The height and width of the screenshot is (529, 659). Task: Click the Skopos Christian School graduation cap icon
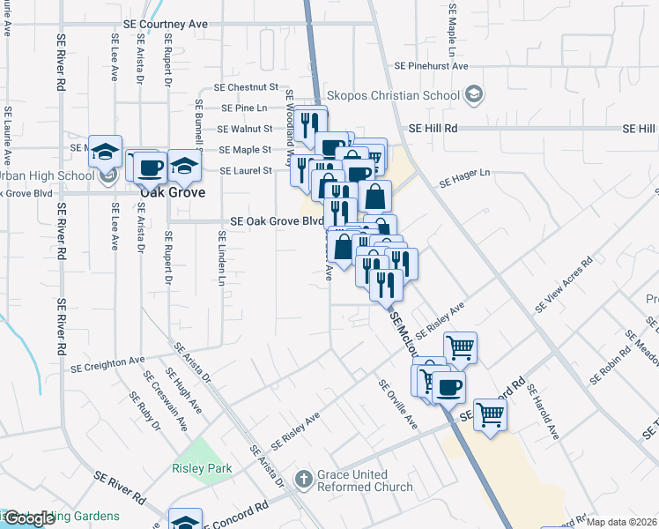(x=473, y=93)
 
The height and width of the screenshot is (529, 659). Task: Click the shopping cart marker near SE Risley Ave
(x=460, y=347)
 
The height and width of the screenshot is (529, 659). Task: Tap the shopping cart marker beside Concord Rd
(x=491, y=413)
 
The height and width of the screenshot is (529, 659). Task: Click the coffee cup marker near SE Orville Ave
(x=448, y=386)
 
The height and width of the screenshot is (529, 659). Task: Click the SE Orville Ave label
(x=398, y=404)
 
